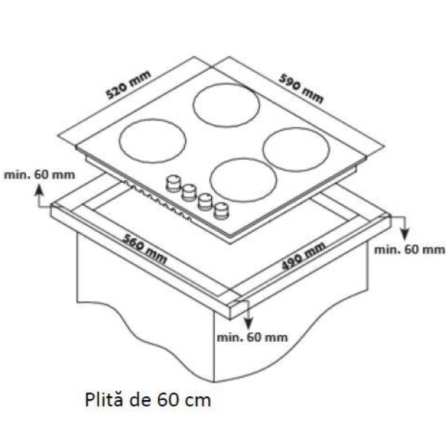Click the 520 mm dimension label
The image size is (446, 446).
point(129,85)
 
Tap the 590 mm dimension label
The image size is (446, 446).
point(301,88)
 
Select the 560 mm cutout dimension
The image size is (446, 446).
point(144,249)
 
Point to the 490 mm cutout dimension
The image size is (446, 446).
point(303,256)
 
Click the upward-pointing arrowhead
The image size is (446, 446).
point(39,189)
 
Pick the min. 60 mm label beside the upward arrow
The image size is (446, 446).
point(39,175)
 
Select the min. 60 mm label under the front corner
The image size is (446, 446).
point(252,337)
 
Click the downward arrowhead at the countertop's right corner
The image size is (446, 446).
point(405,233)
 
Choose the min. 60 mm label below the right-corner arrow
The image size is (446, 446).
point(410,250)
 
